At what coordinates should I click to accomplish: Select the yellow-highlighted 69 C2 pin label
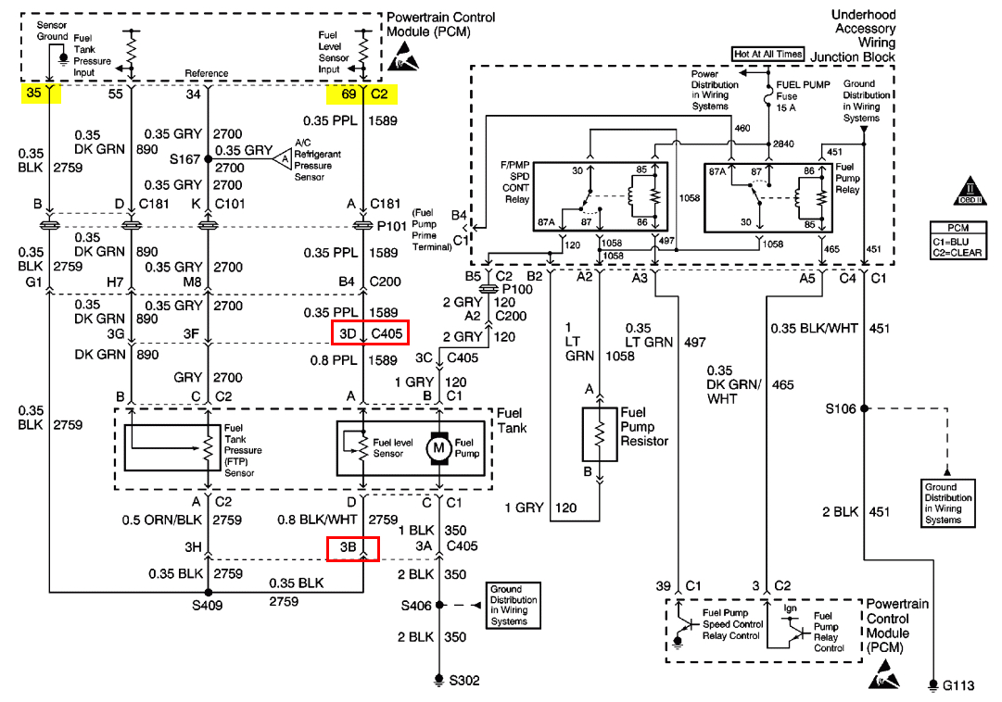(x=361, y=94)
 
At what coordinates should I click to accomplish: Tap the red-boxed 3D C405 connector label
(x=368, y=332)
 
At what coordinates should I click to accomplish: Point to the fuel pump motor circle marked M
(x=436, y=448)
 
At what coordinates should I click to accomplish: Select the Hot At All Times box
(x=767, y=54)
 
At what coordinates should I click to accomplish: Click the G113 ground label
(x=959, y=686)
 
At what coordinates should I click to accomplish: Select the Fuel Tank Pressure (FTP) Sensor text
(x=243, y=450)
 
